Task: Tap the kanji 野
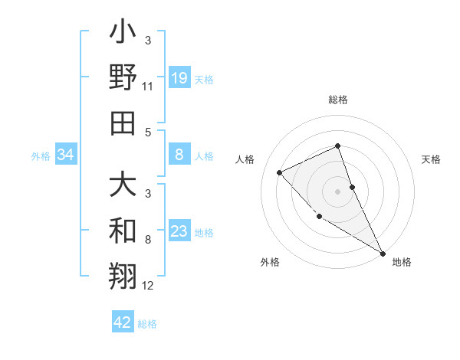(123, 78)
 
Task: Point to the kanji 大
(123, 185)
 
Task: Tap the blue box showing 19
(179, 77)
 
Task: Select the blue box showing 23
(179, 231)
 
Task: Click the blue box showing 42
(122, 322)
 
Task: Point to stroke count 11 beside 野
(147, 87)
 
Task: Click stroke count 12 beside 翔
(148, 286)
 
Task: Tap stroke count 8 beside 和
(148, 240)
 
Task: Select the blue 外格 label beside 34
(41, 156)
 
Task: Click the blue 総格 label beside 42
(147, 324)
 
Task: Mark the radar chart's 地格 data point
(383, 253)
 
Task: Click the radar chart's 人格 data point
(280, 172)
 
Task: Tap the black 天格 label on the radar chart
(432, 159)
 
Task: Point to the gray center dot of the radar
(337, 191)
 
